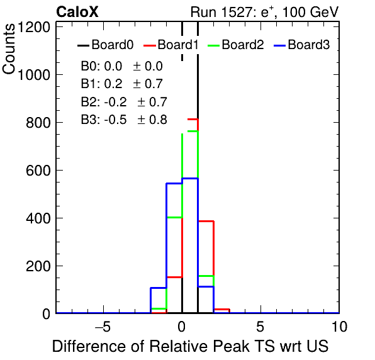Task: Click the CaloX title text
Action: (x=77, y=12)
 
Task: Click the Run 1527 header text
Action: (x=264, y=12)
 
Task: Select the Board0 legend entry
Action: (x=106, y=45)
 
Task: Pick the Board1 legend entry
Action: (x=171, y=45)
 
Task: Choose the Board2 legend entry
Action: (x=236, y=45)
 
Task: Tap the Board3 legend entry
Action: (x=302, y=45)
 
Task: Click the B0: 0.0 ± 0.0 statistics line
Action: (x=122, y=66)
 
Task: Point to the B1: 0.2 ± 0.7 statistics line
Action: (x=122, y=84)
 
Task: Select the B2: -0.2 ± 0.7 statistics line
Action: (x=124, y=102)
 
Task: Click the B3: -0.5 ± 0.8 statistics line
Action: (x=124, y=120)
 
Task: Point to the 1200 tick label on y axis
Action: (x=34, y=28)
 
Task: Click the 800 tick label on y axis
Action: (x=38, y=123)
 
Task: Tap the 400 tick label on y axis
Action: (x=38, y=218)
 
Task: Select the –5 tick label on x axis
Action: (x=103, y=327)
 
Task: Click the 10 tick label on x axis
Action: (x=339, y=327)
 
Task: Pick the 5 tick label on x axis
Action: (x=260, y=327)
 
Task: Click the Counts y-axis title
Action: (x=9, y=49)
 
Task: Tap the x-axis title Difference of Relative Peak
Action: (x=150, y=346)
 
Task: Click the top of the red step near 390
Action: (x=206, y=222)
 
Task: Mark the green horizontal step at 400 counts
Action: (x=174, y=217)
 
